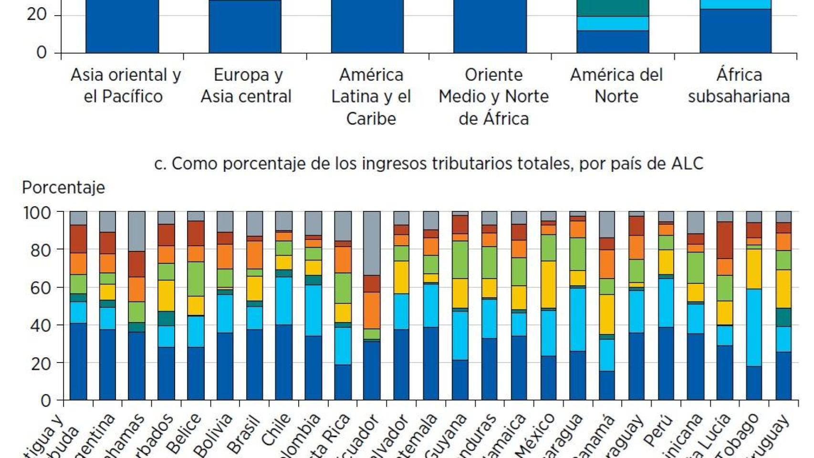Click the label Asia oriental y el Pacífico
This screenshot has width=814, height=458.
pos(125,85)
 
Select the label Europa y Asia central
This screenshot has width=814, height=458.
pos(246,85)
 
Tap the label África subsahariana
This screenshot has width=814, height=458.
pos(738,85)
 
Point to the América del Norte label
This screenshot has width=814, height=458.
pos(616,85)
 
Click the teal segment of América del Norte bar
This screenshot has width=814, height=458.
pos(613,8)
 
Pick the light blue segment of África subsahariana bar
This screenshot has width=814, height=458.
pos(735,4)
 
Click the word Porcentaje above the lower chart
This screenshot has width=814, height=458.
pos(63,187)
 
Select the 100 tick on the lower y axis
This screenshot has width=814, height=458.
pos(37,212)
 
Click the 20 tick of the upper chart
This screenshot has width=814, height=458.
pos(37,15)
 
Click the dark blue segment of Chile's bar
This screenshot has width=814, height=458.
pos(283,363)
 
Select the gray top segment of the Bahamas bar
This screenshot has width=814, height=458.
pos(136,231)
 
